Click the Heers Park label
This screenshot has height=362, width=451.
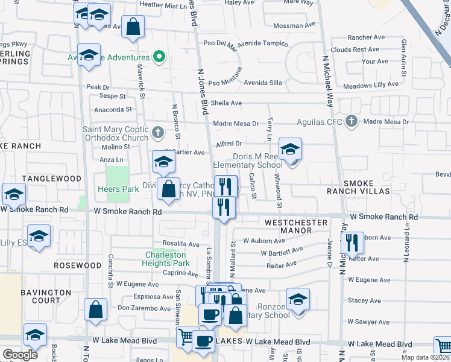[x=119, y=189]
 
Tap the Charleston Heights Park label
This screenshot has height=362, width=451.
[x=166, y=258]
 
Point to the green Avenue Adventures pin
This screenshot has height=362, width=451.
[x=159, y=57]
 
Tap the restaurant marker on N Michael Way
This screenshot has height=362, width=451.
[x=353, y=243]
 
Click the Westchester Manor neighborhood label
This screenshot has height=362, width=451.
[x=296, y=223]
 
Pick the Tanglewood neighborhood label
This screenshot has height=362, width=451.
[x=51, y=179]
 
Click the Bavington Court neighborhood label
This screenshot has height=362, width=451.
[x=46, y=296]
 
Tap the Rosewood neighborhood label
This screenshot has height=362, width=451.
[x=77, y=265]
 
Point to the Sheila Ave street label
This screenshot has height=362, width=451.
[x=226, y=103]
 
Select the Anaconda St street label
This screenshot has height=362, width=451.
[x=113, y=109]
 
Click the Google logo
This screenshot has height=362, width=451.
[x=20, y=354]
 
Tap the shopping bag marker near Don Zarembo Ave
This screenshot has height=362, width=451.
[x=96, y=310]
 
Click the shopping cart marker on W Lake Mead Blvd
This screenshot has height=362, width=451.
[x=188, y=337]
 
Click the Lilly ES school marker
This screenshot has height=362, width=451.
[x=39, y=236]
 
